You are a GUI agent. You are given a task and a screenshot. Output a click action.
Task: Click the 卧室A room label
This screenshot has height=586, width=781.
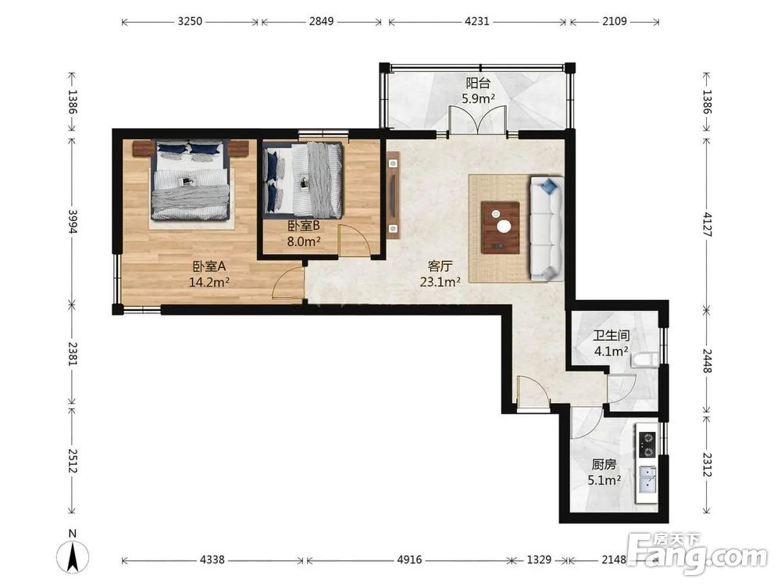209,266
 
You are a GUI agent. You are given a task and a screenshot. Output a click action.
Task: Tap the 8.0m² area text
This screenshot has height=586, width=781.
304,241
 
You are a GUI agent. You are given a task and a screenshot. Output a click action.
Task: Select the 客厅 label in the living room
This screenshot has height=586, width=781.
440,266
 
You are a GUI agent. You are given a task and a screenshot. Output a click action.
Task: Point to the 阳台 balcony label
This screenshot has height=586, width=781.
478,83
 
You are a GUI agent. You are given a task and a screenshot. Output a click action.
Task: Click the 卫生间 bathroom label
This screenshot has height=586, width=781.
612,335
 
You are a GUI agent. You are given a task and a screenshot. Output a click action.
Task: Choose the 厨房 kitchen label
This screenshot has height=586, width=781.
604,464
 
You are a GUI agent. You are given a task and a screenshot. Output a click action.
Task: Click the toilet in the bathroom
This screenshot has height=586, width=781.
644,359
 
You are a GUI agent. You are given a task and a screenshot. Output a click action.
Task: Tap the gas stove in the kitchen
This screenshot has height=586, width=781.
647,445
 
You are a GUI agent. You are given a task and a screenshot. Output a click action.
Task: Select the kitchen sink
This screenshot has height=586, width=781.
647,478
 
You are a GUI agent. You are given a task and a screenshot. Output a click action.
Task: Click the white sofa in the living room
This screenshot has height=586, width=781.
547,228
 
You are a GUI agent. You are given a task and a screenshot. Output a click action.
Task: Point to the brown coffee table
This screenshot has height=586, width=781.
501,227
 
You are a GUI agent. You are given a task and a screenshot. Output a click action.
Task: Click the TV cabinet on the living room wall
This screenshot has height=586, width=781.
393,195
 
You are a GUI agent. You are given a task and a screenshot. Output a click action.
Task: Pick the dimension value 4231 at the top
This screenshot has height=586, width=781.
476,21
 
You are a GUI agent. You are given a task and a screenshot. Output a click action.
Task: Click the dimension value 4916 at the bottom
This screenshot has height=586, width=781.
409,560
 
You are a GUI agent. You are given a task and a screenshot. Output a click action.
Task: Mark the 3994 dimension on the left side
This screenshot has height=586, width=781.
73,221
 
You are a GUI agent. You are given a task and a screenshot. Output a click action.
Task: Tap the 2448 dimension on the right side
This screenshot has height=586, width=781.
707,360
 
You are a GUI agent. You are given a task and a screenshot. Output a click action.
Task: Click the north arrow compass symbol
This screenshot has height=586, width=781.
73,553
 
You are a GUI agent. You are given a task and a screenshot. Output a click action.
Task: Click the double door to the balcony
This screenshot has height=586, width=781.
478,120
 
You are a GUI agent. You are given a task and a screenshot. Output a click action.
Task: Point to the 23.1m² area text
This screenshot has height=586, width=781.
440,282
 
